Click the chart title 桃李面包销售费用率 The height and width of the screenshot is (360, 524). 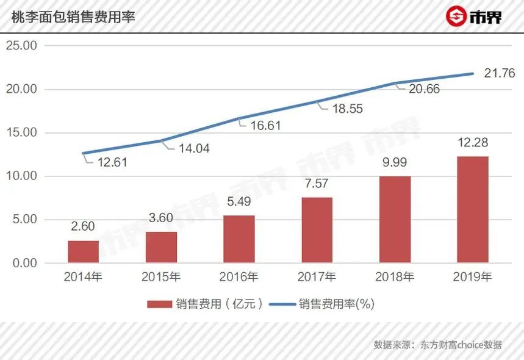[x=73, y=17]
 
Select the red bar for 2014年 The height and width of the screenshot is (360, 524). [x=83, y=251]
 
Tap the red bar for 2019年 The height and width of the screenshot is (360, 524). [x=473, y=209]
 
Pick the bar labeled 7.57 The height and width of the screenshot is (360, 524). [x=317, y=230]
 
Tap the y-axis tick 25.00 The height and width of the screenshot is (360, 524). [x=22, y=46]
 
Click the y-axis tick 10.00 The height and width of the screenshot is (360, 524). [x=22, y=176]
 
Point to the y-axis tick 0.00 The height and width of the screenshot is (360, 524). [x=24, y=263]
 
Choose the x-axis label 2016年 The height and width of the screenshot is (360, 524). [x=239, y=277]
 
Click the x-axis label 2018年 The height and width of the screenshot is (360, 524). [x=395, y=277]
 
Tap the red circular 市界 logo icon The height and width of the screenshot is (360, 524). [x=454, y=16]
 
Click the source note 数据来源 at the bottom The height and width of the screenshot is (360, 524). [x=437, y=345]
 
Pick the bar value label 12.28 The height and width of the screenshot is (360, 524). [x=473, y=143]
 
